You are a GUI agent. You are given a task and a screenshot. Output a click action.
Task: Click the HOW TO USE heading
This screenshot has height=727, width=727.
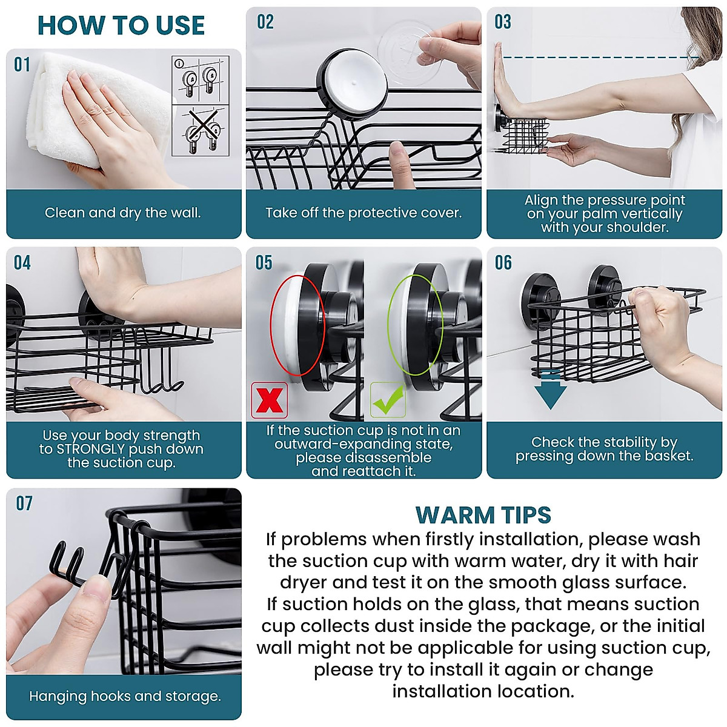coord(121,25)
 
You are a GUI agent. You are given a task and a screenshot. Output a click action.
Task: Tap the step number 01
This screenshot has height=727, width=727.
coord(22,64)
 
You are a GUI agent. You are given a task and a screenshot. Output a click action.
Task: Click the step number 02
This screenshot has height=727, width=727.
coord(265,22)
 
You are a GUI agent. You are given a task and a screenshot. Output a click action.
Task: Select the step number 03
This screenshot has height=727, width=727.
coord(503,22)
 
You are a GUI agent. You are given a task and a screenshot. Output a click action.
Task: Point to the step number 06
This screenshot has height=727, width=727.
coord(503,263)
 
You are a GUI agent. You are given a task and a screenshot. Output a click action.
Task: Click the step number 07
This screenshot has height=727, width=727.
coord(24,503)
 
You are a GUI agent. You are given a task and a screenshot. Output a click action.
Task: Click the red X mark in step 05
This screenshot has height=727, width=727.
coord(269,400)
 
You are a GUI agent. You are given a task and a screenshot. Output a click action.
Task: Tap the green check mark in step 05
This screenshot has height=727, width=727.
coord(388,400)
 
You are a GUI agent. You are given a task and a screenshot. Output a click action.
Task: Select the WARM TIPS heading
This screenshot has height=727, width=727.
coord(483,516)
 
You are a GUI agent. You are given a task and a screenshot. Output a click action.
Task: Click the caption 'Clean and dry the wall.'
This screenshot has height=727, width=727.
coord(122,213)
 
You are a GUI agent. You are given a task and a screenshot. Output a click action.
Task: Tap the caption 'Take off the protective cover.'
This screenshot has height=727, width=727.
coord(363,213)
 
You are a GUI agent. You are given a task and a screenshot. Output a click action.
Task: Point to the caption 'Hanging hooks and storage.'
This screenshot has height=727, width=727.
coord(125,696)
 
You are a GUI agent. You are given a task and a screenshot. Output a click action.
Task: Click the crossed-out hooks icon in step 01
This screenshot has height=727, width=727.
coord(201,130)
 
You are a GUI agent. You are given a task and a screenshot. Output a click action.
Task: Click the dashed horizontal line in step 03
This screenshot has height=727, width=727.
coord(600,58)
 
